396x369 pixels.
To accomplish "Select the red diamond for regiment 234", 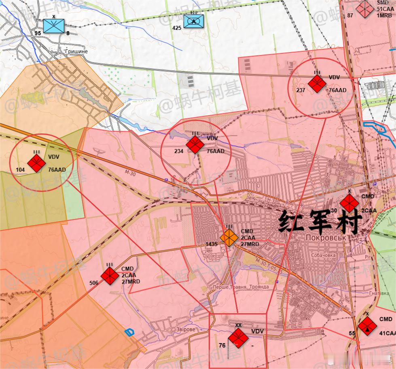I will (195, 145).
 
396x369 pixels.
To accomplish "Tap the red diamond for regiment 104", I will (36, 163).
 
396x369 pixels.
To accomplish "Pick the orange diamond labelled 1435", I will (229, 238).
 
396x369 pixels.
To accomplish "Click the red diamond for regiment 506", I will (110, 275).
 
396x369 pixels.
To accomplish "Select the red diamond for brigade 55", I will (367, 326).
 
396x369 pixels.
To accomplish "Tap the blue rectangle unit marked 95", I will (53, 26).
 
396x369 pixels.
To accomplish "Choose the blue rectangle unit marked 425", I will (193, 21).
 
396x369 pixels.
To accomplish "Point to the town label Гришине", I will (76, 51).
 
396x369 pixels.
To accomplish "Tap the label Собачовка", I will (324, 255).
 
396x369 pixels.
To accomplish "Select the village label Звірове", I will (186, 329).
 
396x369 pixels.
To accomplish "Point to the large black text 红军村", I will (319, 222).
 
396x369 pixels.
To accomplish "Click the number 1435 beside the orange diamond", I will (212, 244).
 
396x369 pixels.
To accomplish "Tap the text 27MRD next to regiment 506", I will (131, 281).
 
